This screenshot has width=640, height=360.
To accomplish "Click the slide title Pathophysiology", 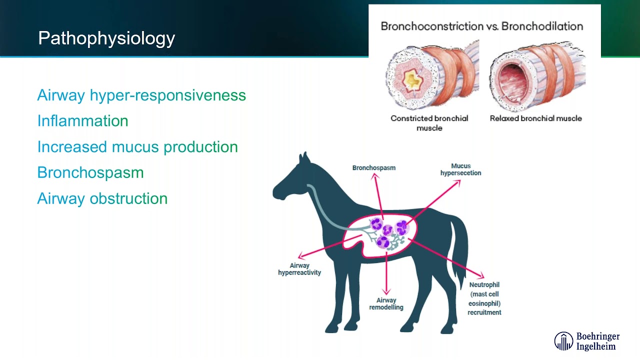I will coord(106,38).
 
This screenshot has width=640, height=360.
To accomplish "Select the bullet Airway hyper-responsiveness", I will coord(141,95).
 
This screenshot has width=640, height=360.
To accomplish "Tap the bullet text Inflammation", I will coord(82,121).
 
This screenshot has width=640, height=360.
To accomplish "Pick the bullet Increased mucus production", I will coord(137,147).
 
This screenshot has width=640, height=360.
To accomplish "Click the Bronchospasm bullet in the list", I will coord(90,172).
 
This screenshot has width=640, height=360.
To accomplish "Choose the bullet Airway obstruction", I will coord(102,198).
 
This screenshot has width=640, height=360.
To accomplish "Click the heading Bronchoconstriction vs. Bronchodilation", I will coord(481,26).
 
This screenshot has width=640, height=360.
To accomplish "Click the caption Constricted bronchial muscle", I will coord(429,123).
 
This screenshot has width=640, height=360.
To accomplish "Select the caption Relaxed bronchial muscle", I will coord(535,118).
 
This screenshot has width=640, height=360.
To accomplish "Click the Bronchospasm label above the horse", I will coord(373,168).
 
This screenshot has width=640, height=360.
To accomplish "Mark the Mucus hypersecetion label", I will coord(460,169).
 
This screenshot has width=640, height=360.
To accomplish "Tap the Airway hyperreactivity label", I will coord(299,269).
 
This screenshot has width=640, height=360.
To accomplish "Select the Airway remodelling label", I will coord(386,303).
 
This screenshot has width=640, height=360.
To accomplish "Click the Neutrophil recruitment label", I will coord(484,298).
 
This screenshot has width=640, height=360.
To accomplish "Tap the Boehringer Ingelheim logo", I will coord(586,341).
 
